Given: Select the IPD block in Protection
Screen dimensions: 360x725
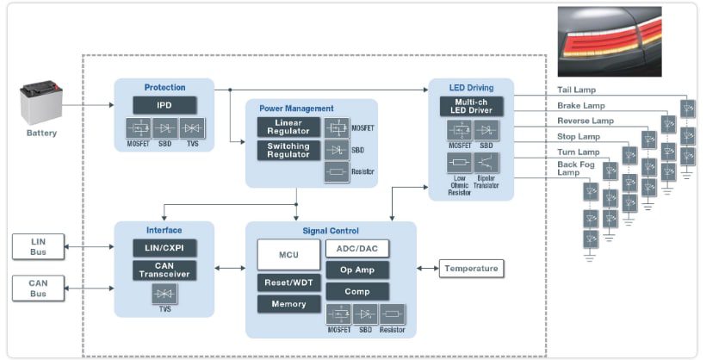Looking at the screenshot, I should pos(164,105).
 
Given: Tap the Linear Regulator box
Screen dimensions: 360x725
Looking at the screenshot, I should pos(288,127).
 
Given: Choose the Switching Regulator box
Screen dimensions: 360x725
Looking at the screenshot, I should pos(288,150).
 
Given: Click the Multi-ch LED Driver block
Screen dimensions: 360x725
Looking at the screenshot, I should pos(470,107).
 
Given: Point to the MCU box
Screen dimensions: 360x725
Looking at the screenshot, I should pos(288,255).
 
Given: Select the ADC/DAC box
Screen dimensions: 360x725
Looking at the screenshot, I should pos(356,249).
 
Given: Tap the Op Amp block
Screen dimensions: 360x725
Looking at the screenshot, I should pos(356,270).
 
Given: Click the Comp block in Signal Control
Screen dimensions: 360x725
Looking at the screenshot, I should pos(356,292).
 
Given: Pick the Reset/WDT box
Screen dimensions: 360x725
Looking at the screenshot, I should pos(288,282).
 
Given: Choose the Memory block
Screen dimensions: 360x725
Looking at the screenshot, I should pos(288,304).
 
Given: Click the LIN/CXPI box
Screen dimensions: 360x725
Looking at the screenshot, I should pos(164,248).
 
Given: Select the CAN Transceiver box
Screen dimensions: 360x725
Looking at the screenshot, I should pos(164,270).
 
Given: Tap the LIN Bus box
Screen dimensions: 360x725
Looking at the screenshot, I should pos(38,246).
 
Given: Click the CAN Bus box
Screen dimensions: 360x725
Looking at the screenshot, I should pos(38,288).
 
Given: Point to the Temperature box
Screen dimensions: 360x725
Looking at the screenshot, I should pos(471,269).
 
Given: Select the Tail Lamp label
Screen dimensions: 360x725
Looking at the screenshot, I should pos(576,90).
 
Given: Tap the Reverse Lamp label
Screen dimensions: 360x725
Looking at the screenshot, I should pos(586,121).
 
